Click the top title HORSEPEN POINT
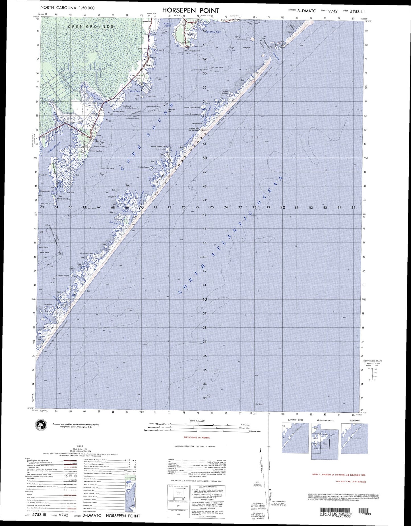191,11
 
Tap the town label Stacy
149,65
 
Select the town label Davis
98,141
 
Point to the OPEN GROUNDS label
91,26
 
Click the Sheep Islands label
225,92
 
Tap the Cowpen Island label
63,276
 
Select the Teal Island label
47,305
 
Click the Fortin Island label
144,167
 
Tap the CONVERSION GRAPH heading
372,361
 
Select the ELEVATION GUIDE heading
295,420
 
